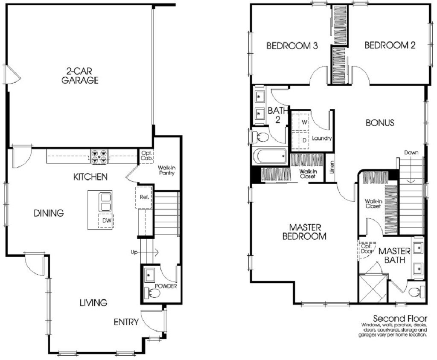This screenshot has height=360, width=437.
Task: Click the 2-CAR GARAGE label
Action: pos(80,76)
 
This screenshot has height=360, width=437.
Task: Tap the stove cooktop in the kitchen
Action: pos(99,157)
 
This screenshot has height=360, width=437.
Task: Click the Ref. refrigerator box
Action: pos(143,197)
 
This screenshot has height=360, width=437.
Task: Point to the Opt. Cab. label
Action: pos(146,156)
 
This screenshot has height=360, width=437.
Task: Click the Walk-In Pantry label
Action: pos(166,170)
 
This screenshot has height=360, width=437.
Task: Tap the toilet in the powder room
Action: pos(152,293)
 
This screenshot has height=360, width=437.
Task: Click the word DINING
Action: pos(49,213)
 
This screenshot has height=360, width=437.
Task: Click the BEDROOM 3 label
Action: pos(291,46)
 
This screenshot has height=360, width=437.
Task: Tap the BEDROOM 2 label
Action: pos(390,46)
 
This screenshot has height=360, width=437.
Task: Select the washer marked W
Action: pos(304,122)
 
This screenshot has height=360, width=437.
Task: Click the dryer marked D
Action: pos(304,139)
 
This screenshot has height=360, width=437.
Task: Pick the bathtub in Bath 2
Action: pos(270,156)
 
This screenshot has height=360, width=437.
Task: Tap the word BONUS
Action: pos(380,123)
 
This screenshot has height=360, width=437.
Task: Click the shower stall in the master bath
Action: pos(373,289)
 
